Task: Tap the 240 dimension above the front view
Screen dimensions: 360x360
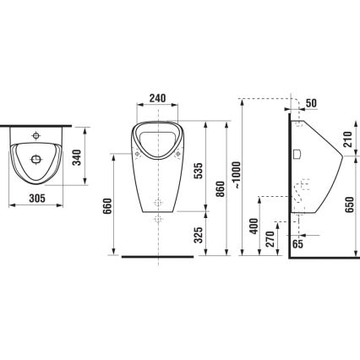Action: (x=156, y=98)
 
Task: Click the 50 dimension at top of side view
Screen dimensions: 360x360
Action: (x=313, y=102)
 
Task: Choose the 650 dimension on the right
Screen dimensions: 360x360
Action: (x=350, y=205)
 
